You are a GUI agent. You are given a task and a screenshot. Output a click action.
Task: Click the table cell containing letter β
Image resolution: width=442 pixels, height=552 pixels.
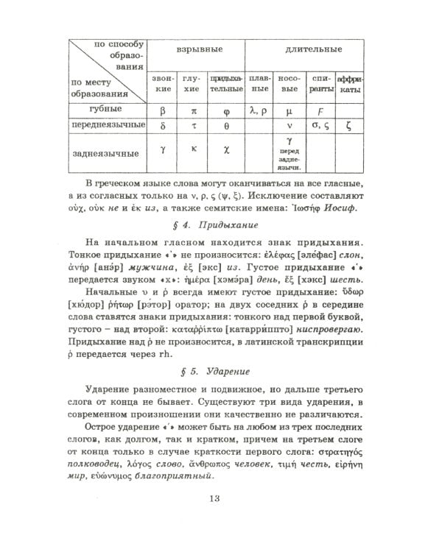[x=163, y=109]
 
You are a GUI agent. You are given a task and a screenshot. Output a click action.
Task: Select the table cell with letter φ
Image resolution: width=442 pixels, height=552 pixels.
[x=225, y=109]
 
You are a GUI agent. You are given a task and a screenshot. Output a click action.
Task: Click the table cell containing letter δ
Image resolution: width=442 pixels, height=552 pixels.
[x=163, y=126]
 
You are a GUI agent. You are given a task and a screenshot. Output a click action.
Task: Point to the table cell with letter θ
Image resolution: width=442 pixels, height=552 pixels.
[x=225, y=126]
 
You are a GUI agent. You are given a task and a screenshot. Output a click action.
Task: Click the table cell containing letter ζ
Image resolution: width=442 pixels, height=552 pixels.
[x=348, y=126]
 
